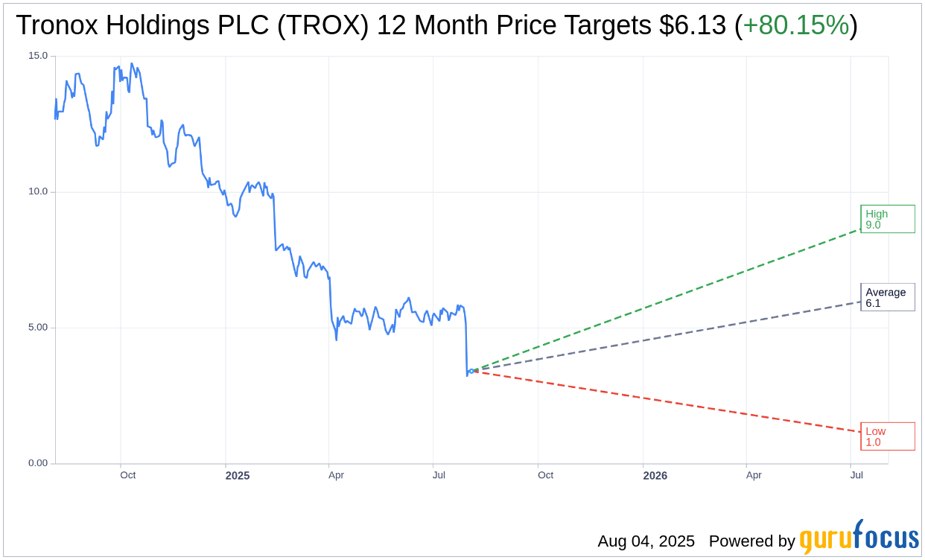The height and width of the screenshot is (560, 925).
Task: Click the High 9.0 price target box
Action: click(887, 219)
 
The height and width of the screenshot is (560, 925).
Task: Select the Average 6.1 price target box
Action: click(887, 297)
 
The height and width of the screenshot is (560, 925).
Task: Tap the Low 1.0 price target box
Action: click(887, 436)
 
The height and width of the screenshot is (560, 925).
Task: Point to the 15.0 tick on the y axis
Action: click(38, 56)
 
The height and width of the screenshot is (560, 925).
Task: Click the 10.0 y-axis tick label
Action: click(38, 191)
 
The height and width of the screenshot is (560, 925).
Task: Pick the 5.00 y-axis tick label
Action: click(38, 328)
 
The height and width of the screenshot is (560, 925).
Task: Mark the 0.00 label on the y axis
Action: click(38, 463)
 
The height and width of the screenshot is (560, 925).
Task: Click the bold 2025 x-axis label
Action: click(238, 476)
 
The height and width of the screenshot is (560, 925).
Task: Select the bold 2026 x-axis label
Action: click(655, 476)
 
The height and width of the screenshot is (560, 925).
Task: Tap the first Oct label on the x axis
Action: click(128, 475)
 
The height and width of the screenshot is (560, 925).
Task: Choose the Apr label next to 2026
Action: click(754, 475)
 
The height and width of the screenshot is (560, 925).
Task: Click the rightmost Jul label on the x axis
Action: click(856, 475)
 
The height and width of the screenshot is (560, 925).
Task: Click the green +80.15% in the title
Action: click(796, 25)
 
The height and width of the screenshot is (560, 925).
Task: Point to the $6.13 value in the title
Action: click(693, 25)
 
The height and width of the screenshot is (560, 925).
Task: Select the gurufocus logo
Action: click(859, 538)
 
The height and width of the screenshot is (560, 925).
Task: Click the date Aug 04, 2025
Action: click(646, 541)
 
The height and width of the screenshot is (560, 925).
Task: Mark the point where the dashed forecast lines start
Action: click(472, 371)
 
